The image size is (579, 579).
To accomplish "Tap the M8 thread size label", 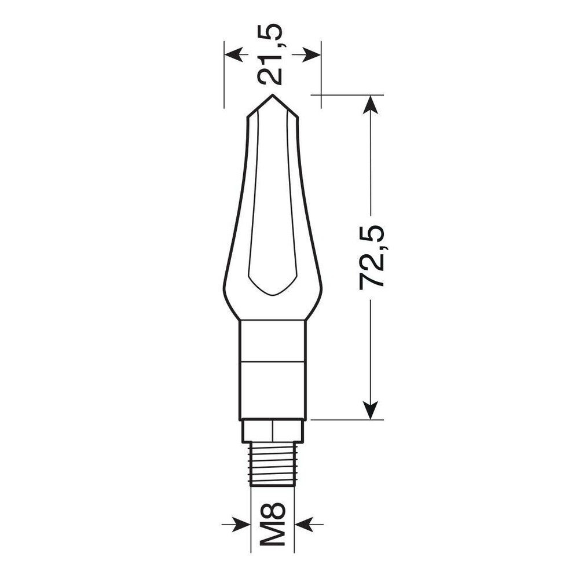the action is [273, 523].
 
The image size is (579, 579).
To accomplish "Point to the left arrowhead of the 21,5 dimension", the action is [234, 54].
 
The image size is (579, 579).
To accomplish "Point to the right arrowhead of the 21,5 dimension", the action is [312, 54].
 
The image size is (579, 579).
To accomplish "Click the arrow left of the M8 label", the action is [236, 524].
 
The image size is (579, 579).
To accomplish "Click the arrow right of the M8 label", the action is [309, 524].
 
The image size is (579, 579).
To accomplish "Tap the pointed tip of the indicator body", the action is [273, 95].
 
